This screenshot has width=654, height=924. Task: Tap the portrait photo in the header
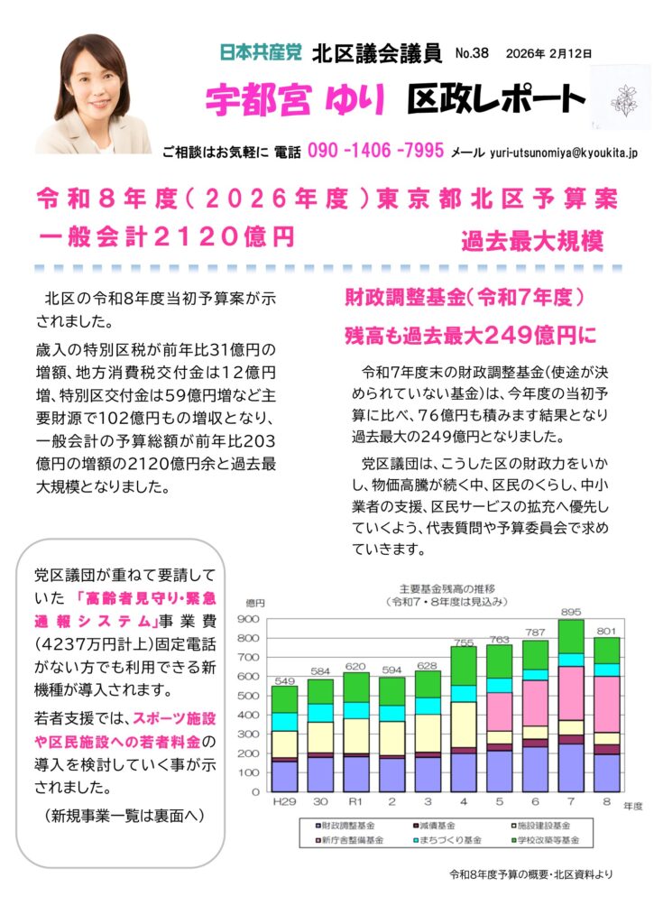tap(92, 94)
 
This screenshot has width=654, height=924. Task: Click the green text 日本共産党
tap(261, 53)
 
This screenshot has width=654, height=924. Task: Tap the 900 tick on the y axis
tap(249, 619)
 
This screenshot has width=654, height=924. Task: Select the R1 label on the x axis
tap(355, 801)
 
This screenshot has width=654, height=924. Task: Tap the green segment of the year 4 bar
tap(464, 665)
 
